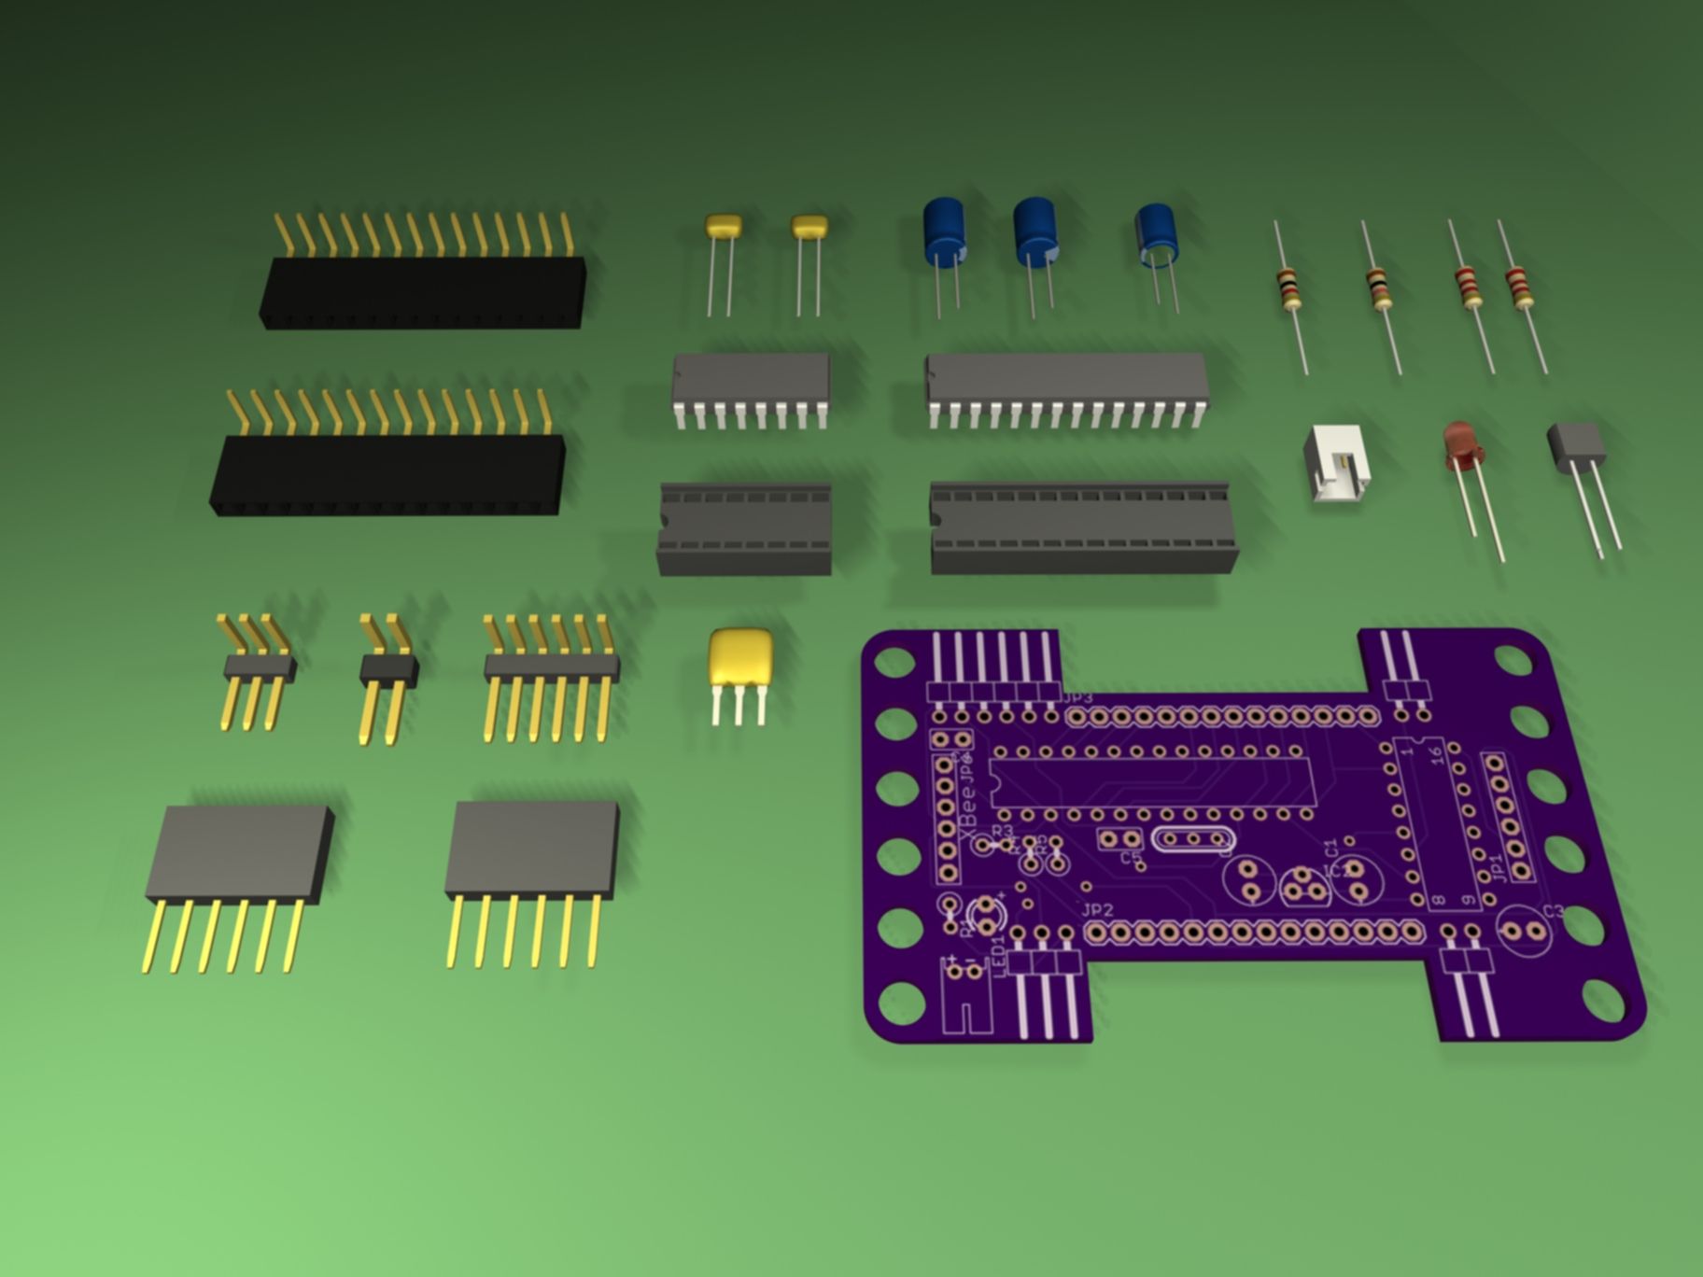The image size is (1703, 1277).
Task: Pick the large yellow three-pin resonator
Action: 741,657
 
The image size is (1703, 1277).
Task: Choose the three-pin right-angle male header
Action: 259,667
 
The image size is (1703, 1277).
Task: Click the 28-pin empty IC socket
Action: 1083,527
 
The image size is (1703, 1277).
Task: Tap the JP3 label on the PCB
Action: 1076,699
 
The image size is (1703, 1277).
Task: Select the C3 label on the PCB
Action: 1553,912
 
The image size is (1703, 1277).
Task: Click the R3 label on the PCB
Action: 1003,830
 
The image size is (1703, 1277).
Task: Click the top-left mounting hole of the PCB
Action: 895,662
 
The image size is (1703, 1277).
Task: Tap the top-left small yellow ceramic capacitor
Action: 723,225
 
